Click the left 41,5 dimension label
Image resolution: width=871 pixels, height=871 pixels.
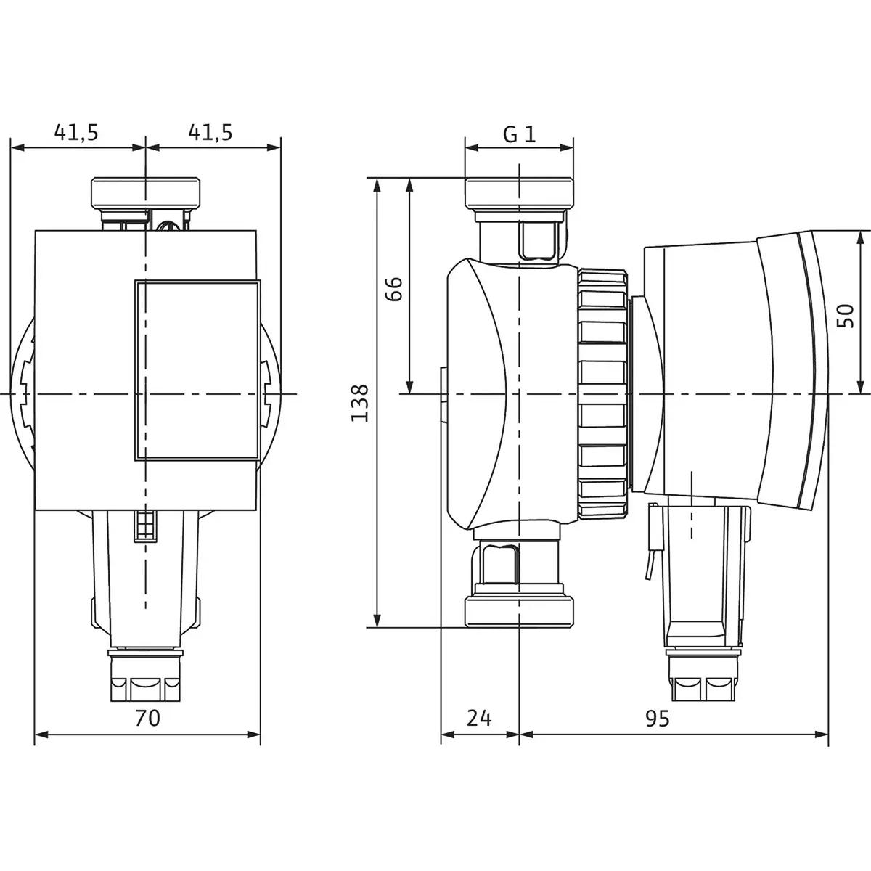(76, 132)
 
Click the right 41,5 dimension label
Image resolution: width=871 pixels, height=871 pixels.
(210, 132)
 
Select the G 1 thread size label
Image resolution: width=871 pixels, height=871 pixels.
(520, 134)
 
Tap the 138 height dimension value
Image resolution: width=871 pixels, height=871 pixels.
(360, 403)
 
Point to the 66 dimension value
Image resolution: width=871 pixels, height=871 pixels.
(393, 289)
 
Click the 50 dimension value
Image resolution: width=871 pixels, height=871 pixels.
(846, 316)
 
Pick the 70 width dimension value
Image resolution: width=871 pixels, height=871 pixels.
(148, 718)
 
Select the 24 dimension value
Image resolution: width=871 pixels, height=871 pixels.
(479, 718)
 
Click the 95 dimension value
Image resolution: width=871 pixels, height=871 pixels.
(657, 718)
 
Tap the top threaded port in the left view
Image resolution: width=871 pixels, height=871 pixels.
(146, 192)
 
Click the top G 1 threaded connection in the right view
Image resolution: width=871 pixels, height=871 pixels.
(520, 193)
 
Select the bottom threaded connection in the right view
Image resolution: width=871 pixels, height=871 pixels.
(520, 612)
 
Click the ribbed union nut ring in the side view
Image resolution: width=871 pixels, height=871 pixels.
(602, 393)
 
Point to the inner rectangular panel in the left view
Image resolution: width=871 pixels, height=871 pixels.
(197, 371)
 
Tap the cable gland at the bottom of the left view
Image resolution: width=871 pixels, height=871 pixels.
(145, 675)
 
